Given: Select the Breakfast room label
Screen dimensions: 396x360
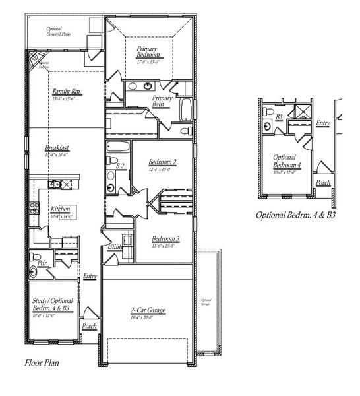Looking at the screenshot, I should [x=57, y=148].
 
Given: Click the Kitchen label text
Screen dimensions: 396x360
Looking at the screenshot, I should [x=60, y=209].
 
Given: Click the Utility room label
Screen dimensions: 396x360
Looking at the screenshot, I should [x=115, y=247].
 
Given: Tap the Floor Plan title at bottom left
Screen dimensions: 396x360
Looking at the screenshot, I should [x=42, y=362].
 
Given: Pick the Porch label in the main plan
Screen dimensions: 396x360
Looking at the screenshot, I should [x=88, y=326].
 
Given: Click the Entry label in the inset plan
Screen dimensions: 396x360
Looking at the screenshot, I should [x=322, y=123].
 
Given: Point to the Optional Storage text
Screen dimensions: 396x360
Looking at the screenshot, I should [x=206, y=302].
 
